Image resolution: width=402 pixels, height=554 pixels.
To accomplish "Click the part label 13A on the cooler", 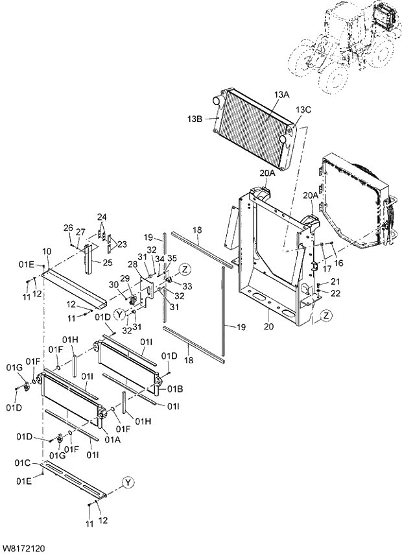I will [281, 95].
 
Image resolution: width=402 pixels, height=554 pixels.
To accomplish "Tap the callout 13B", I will [196, 119].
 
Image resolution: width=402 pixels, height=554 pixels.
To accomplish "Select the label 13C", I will [304, 110].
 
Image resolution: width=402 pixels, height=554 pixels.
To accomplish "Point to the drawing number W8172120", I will [23, 549].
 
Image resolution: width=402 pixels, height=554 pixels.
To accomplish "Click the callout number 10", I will [47, 251].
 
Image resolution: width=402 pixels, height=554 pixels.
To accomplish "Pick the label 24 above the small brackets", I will [102, 217].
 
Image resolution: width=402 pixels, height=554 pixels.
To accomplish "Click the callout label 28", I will [132, 265].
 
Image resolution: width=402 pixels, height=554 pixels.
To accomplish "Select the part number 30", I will [113, 284].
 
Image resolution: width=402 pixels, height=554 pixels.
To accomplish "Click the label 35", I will [172, 258].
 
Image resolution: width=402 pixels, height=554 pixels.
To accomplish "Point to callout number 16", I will [338, 263].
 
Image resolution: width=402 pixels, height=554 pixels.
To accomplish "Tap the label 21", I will [335, 281].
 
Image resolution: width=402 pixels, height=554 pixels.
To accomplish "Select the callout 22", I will [335, 293].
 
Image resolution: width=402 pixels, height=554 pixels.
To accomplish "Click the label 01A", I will [112, 439].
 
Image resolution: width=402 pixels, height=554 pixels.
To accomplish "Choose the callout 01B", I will [174, 389].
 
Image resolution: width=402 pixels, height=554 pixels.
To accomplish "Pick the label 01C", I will [24, 463].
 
